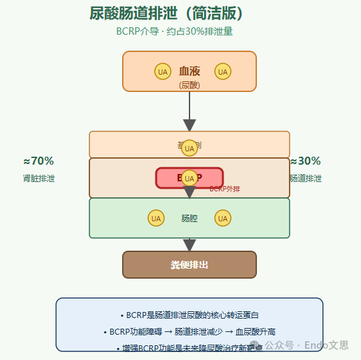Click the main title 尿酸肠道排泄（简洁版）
click(167, 13)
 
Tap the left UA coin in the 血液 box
click(162, 71)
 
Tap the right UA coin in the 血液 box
click(223, 71)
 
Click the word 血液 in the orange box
click(190, 71)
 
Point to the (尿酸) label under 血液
click(190, 85)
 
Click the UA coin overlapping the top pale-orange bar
click(190, 148)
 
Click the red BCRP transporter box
click(190, 178)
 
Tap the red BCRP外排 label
click(225, 189)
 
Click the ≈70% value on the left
click(39, 161)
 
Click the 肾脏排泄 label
click(39, 179)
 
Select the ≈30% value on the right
click(306, 161)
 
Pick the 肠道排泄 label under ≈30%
click(306, 179)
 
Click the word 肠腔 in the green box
click(190, 218)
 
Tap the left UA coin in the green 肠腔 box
click(156, 218)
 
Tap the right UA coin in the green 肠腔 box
click(223, 218)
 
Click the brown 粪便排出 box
click(190, 265)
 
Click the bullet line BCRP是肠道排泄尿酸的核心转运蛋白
click(190, 315)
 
